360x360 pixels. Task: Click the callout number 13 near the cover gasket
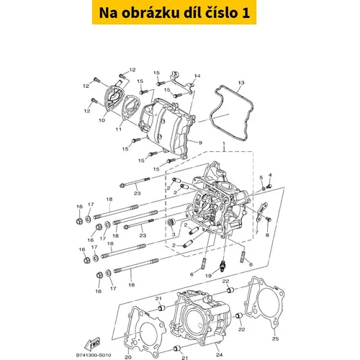pos(241,83)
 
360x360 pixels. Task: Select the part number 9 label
pos(200,143)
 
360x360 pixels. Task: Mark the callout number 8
pos(267,235)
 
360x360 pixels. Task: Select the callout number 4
pos(271,175)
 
